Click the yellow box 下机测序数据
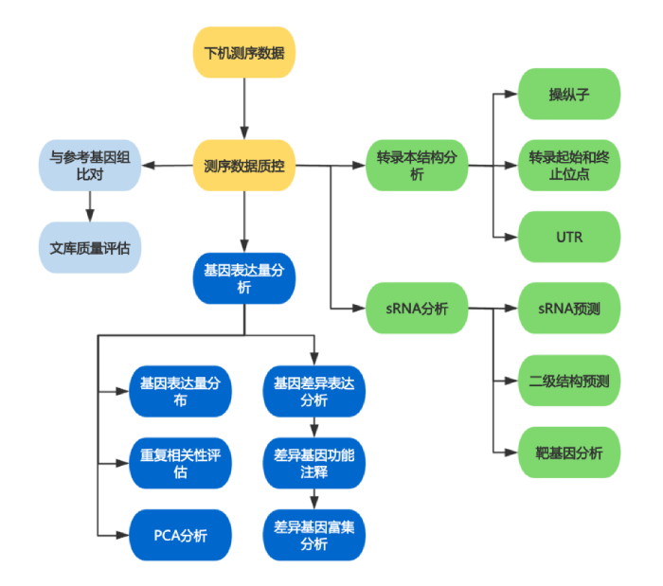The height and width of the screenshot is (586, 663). coord(244,52)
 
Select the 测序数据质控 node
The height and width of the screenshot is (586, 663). coord(244,167)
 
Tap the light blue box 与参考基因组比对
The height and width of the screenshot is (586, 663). coord(90,167)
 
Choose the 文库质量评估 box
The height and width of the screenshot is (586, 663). coord(90,248)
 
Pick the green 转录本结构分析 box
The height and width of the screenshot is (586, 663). coord(417,167)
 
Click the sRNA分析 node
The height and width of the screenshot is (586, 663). coord(417,308)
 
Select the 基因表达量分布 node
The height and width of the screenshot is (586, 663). coord(180,391)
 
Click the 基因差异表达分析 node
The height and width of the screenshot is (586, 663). coord(314,391)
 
